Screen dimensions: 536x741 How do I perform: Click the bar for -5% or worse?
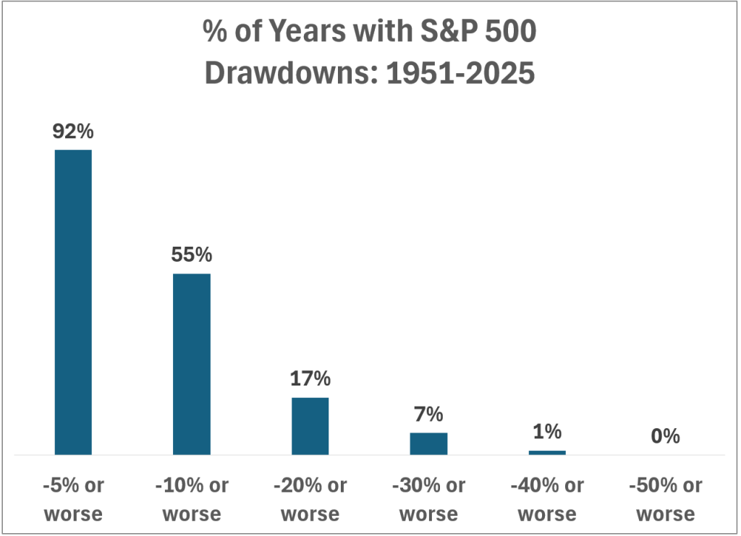click(73, 302)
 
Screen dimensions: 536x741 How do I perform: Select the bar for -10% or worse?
click(192, 364)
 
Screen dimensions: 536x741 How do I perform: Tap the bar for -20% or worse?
click(310, 426)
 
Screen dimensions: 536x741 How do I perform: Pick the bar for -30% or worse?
click(428, 443)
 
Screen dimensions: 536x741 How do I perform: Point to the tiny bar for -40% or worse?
click(547, 452)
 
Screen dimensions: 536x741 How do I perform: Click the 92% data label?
click(73, 132)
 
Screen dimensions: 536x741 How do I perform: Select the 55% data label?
click(192, 256)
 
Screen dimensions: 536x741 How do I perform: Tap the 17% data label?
click(310, 379)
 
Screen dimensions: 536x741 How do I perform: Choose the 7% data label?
click(428, 415)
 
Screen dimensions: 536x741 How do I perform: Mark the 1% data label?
click(547, 433)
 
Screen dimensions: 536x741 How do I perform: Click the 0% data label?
click(665, 436)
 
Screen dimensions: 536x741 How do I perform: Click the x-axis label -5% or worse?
click(73, 500)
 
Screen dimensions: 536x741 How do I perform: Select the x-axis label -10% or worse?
click(192, 500)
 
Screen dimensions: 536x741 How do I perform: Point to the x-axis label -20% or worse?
click(310, 500)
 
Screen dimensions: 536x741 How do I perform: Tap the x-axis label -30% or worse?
click(428, 500)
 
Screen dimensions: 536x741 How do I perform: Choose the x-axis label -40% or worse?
click(547, 500)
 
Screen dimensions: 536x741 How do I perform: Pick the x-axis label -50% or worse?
click(665, 500)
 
